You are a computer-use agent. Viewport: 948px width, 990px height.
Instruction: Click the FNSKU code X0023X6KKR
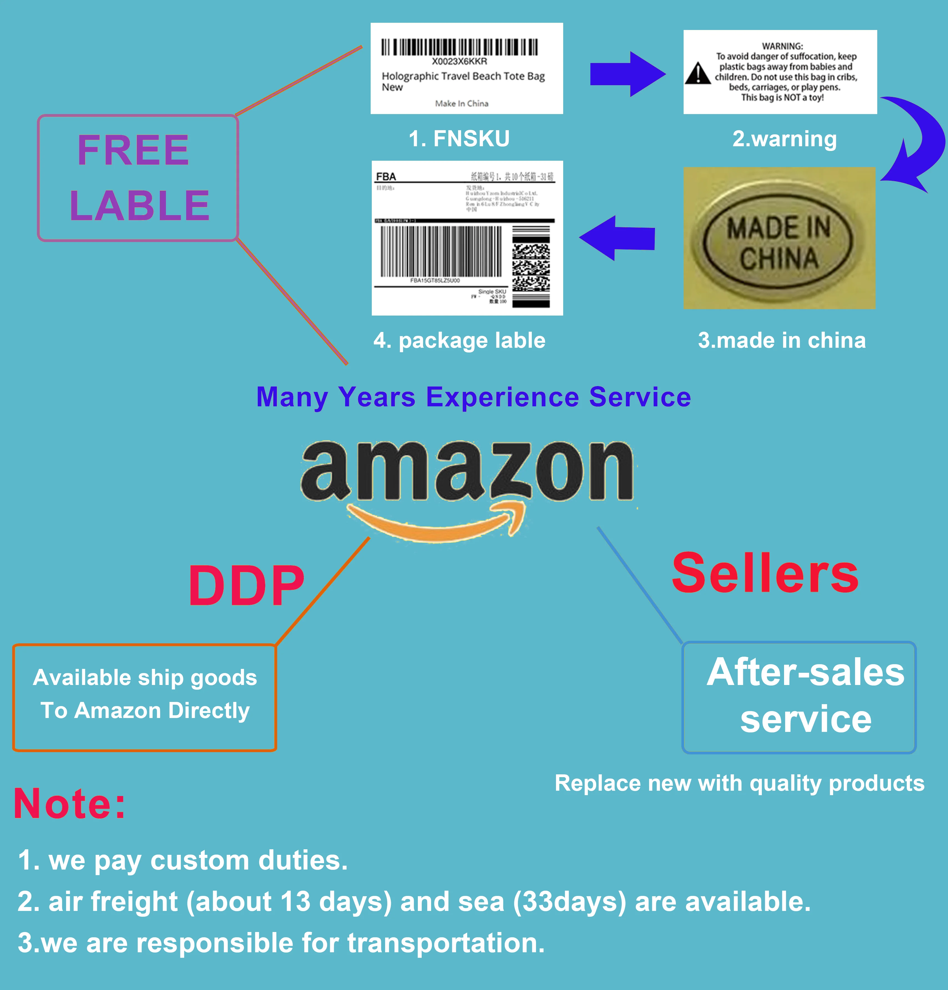coord(459,61)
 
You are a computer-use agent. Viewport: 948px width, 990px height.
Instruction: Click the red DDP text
coord(246,586)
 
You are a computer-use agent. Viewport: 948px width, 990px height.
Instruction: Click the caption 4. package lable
coord(459,341)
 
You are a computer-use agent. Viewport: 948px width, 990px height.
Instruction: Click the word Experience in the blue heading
coord(502,397)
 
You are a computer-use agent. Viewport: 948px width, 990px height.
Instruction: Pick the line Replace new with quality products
coord(740,784)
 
